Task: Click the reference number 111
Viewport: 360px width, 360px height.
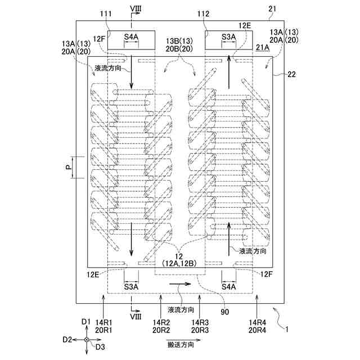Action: click(106, 13)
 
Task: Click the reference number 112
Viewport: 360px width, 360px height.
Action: click(203, 14)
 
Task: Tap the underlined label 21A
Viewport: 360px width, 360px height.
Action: click(263, 47)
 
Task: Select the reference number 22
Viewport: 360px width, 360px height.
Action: click(291, 74)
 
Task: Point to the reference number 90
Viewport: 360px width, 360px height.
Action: click(225, 312)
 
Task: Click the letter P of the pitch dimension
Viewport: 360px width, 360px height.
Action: click(69, 168)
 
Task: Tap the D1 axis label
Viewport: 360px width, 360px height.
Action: click(86, 322)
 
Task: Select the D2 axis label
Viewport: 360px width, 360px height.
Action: click(67, 340)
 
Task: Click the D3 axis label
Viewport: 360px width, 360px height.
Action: click(100, 347)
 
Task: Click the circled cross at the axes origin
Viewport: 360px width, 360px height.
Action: click(86, 340)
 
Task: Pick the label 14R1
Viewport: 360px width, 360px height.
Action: click(103, 322)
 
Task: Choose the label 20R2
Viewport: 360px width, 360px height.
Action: click(161, 330)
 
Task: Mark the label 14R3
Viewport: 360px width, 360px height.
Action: click(200, 322)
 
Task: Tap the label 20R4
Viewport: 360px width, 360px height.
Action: click(258, 330)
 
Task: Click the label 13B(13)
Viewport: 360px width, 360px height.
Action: click(179, 41)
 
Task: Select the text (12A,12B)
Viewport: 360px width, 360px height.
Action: click(179, 264)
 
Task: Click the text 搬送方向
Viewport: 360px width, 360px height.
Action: click(181, 345)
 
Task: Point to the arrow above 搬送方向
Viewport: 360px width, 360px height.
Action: click(184, 340)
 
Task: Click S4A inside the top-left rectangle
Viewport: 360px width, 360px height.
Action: click(131, 37)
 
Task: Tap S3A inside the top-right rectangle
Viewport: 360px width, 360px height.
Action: click(229, 37)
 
